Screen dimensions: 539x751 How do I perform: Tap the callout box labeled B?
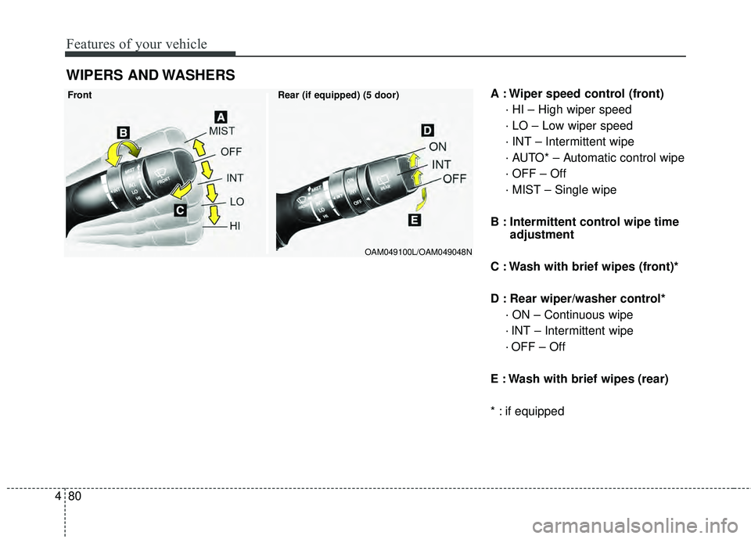[124, 130]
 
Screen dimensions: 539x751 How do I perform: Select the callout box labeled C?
[179, 211]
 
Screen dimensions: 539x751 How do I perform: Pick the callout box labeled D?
[427, 129]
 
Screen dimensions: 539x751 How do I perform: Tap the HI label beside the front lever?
[235, 225]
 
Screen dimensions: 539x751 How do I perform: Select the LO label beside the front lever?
[236, 202]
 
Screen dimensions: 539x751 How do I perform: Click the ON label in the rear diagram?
[438, 146]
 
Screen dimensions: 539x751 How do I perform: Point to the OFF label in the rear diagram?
[455, 179]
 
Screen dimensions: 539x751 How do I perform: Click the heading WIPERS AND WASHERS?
[149, 75]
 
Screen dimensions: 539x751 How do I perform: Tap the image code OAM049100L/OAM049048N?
[418, 250]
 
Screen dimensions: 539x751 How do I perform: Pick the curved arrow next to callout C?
[183, 191]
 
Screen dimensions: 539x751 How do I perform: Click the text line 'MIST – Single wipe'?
[560, 189]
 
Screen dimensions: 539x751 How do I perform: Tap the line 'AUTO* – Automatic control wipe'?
[595, 158]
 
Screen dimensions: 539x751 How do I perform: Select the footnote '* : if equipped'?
[527, 411]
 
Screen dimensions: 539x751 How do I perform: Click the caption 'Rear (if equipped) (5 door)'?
[338, 95]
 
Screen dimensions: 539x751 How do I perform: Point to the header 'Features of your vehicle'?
[137, 44]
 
